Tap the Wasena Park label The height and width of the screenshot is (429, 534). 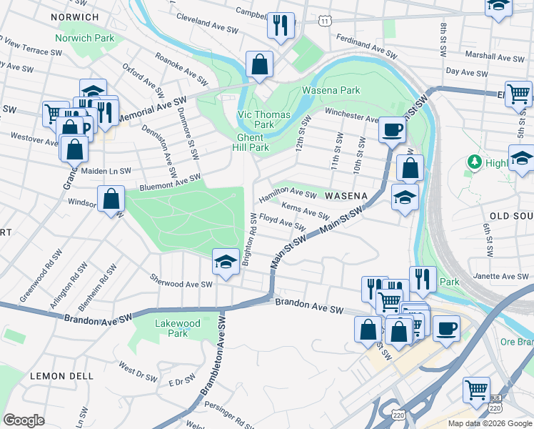coord(331,91)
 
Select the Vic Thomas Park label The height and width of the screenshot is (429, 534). coord(263,119)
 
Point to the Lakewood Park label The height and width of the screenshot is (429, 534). coord(178,328)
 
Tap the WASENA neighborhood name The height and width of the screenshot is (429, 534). coord(346,195)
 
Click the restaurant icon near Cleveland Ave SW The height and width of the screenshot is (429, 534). coord(281,26)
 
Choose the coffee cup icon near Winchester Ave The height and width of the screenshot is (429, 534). coord(392,130)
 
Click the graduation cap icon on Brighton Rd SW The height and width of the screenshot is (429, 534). coord(226,261)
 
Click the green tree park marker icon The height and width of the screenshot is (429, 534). coord(474,162)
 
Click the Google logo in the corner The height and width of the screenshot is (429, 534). coord(24,420)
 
